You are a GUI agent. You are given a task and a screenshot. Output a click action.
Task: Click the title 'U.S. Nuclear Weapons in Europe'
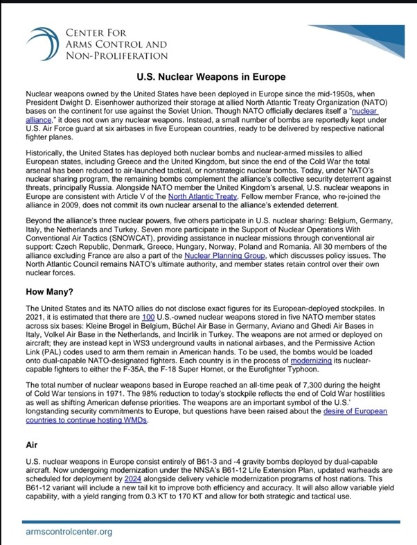(208, 78)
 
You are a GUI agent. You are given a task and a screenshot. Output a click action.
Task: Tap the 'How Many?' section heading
(51, 292)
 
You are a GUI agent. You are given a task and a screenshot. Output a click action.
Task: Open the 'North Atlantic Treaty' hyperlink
(202, 196)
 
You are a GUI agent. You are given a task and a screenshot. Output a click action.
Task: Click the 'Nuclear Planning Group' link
(190, 259)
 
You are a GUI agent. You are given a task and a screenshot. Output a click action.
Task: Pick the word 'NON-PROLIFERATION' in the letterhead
(116, 55)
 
